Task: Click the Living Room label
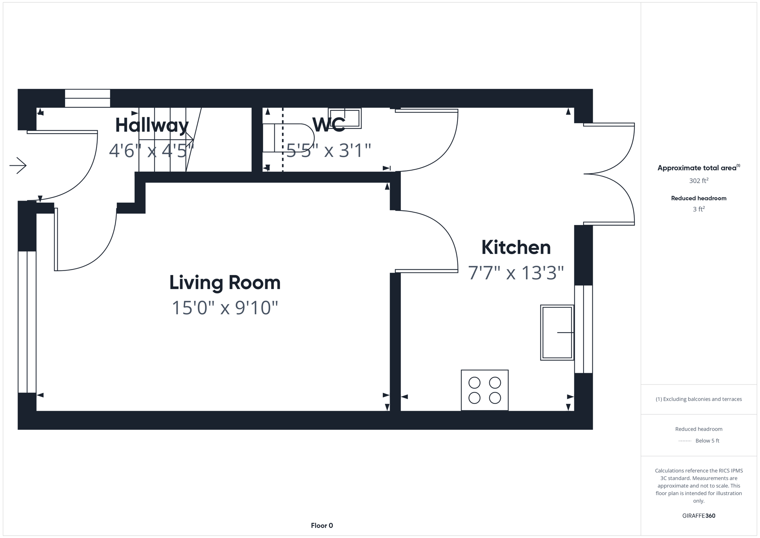(225, 283)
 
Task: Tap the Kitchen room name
(516, 247)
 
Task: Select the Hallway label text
(152, 125)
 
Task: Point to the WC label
(328, 125)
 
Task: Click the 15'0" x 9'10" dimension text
(225, 308)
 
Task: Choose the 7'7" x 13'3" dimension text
(516, 273)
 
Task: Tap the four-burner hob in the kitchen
(484, 390)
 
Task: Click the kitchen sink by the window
(557, 333)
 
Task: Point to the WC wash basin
(345, 118)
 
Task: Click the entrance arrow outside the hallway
(18, 165)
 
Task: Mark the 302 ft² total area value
(698, 181)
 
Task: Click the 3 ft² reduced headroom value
(698, 209)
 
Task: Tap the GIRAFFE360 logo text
(698, 516)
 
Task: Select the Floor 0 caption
(322, 526)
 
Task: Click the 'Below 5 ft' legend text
(707, 441)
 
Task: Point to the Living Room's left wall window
(27, 322)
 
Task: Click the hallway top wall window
(88, 98)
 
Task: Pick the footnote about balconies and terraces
(698, 399)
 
